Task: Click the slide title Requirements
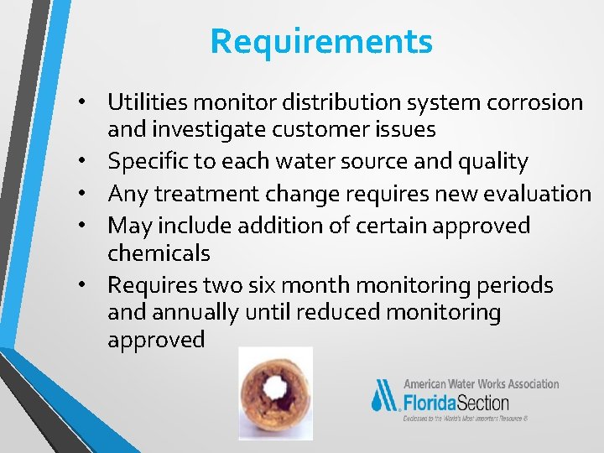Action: [321, 41]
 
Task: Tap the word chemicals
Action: [159, 253]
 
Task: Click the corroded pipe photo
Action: [275, 393]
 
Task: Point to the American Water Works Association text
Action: [481, 383]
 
